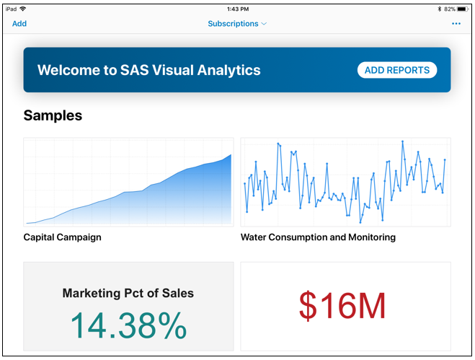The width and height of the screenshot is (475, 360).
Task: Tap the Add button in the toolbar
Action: [19, 24]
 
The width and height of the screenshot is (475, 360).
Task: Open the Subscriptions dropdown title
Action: [233, 24]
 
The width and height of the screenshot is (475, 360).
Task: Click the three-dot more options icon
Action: [456, 24]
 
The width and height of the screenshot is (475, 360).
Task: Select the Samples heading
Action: [53, 115]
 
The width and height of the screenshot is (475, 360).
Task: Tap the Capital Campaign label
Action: [63, 237]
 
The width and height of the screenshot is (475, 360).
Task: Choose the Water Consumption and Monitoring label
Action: [318, 237]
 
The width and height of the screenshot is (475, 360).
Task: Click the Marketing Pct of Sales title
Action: [128, 293]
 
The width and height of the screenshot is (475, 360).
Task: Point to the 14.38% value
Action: [128, 327]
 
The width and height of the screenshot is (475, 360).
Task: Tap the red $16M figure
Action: [343, 307]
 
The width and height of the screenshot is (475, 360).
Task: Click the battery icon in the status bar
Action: [463, 9]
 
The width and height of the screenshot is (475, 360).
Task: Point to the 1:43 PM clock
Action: [237, 9]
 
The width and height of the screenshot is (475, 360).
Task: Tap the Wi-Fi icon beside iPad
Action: [23, 9]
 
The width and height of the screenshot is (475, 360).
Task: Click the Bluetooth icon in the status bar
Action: [439, 9]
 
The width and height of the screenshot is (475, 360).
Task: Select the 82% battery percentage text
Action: [449, 9]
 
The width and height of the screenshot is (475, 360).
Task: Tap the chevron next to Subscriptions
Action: [264, 24]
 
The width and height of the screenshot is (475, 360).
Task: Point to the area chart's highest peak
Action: [231, 155]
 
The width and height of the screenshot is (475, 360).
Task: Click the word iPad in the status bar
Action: [11, 9]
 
